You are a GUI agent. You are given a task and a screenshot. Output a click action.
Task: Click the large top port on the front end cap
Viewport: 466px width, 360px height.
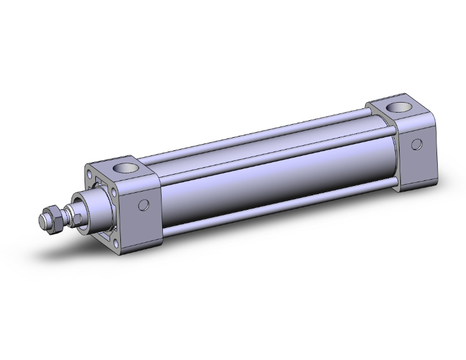pyautogui.click(x=127, y=167)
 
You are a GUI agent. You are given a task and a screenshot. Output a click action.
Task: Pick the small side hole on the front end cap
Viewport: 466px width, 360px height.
pyautogui.click(x=144, y=204)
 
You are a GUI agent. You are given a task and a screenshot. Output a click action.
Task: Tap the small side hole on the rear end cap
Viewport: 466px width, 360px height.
pyautogui.click(x=415, y=145)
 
